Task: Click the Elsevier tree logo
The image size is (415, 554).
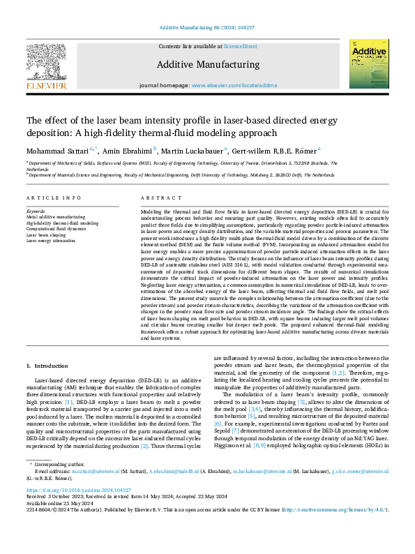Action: pyautogui.click(x=46, y=66)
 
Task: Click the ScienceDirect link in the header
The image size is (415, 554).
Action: pyautogui.click(x=239, y=46)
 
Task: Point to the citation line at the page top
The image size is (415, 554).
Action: pyautogui.click(x=207, y=27)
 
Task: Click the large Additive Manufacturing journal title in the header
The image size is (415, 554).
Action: pyautogui.click(x=206, y=65)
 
